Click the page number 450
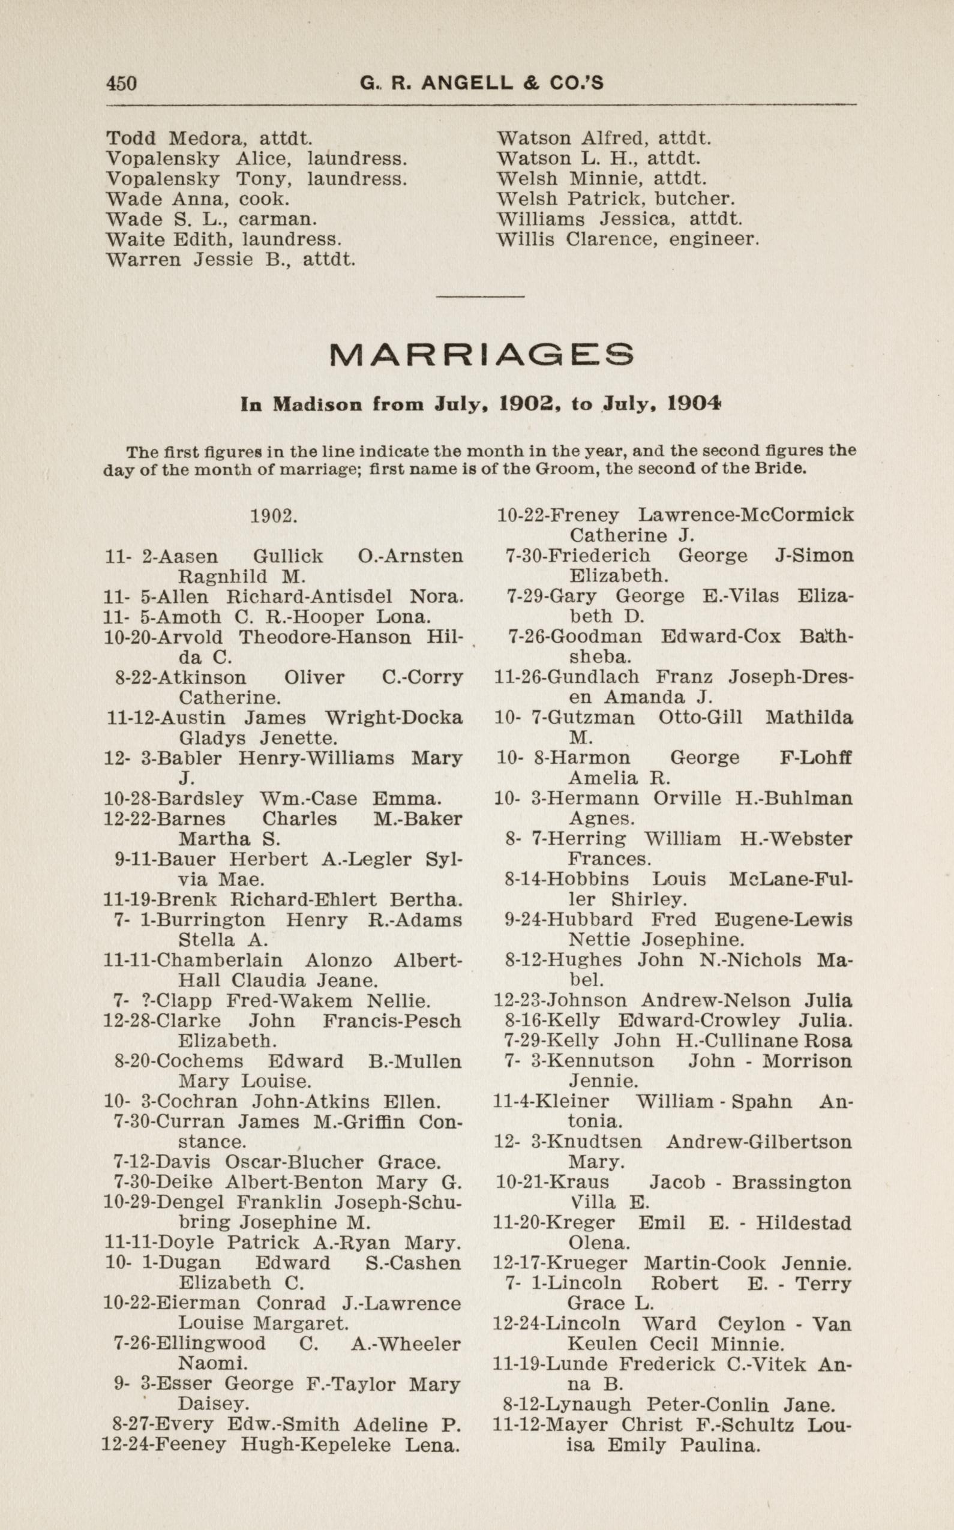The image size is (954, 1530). pos(121,83)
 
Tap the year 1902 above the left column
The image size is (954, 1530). pos(273,516)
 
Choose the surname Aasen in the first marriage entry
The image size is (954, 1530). pos(187,556)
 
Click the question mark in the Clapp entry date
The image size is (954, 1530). pos(147,1001)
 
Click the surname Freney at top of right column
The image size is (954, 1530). pos(584,515)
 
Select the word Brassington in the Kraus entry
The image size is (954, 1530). pos(791,1182)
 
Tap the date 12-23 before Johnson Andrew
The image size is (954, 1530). pos(517,1001)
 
